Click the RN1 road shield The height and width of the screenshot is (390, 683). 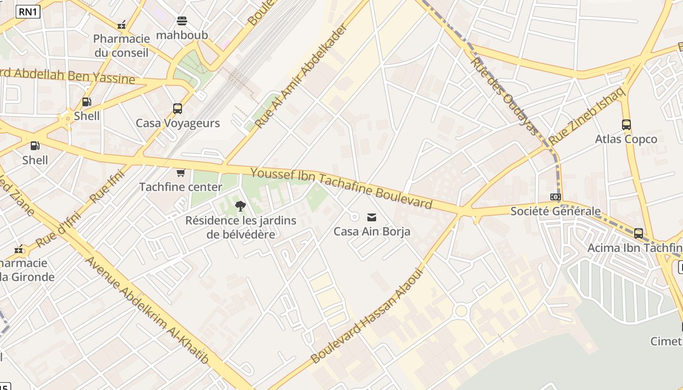pyautogui.click(x=28, y=12)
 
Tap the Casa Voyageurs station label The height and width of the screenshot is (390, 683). pyautogui.click(x=178, y=123)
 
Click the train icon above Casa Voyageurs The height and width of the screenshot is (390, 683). pyautogui.click(x=178, y=109)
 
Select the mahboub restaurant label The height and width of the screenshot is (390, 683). pyautogui.click(x=181, y=35)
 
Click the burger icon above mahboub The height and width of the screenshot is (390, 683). pyautogui.click(x=181, y=21)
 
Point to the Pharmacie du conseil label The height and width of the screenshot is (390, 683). pyautogui.click(x=121, y=46)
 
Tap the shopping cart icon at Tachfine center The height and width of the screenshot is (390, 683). pyautogui.click(x=181, y=173)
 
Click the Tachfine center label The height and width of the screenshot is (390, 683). pyautogui.click(x=181, y=187)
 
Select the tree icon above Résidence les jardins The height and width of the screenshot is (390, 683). pyautogui.click(x=240, y=206)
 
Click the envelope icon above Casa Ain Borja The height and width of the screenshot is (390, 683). pyautogui.click(x=372, y=217)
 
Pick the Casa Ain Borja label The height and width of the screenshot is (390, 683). pyautogui.click(x=372, y=232)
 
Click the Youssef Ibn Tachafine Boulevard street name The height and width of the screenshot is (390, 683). pyautogui.click(x=341, y=188)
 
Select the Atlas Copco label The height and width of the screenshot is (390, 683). pyautogui.click(x=626, y=139)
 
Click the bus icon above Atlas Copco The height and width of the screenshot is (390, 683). pyautogui.click(x=626, y=125)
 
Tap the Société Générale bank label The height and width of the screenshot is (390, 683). pyautogui.click(x=555, y=211)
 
